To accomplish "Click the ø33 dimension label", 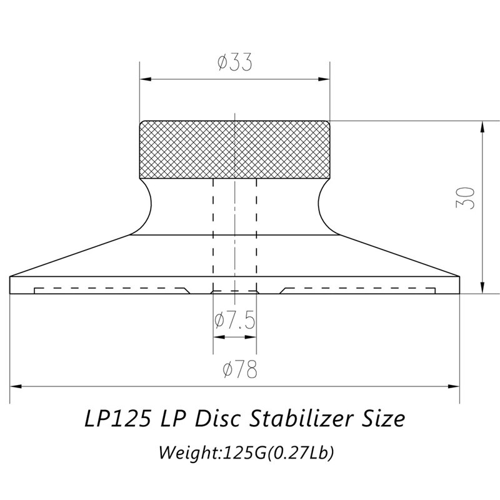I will [234, 63].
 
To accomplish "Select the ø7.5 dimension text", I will [234, 321].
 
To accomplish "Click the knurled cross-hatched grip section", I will [234, 149].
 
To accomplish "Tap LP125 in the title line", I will [116, 418].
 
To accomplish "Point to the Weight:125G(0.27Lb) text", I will [246, 451].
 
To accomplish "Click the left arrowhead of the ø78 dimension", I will [16, 386].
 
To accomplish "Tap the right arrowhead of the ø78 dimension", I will [455, 386].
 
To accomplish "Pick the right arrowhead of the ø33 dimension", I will [324, 79].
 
